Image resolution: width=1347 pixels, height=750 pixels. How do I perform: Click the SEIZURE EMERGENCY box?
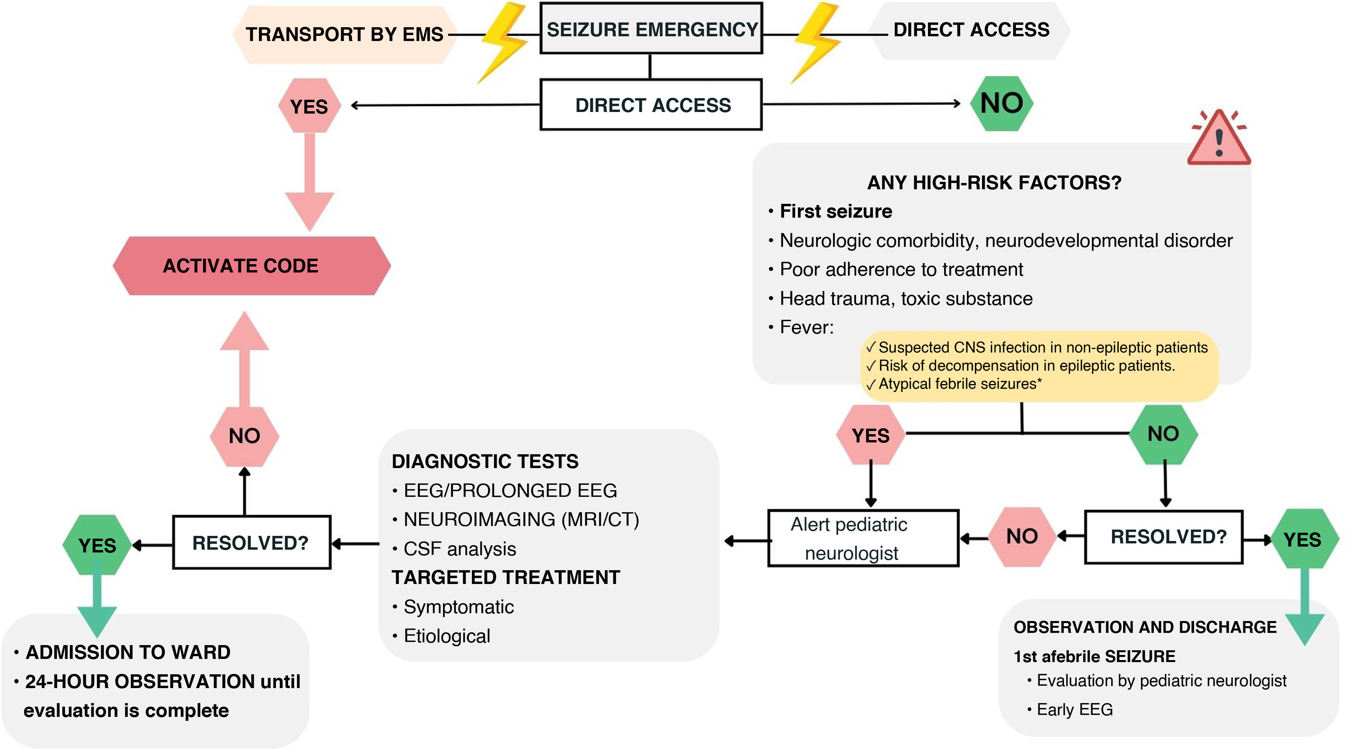point(651,29)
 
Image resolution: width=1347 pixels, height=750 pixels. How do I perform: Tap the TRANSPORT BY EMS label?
point(345,35)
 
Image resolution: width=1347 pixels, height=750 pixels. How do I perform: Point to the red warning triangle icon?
point(1219,138)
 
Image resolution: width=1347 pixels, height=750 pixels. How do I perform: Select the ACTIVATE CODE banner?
point(252,266)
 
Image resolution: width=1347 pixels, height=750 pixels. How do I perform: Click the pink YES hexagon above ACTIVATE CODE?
point(309,106)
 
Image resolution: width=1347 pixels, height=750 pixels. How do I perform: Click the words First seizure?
point(836,211)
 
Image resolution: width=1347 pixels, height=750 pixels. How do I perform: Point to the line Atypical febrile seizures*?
point(959,384)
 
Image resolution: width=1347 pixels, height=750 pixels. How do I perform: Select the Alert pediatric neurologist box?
point(863,538)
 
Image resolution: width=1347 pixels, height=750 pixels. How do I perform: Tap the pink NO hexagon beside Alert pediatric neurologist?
point(1022,537)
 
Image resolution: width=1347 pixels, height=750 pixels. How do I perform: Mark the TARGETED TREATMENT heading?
point(506,577)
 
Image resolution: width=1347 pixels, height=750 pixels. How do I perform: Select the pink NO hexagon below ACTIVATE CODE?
point(244,436)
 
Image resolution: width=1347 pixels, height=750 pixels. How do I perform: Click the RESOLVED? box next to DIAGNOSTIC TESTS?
point(252,542)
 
